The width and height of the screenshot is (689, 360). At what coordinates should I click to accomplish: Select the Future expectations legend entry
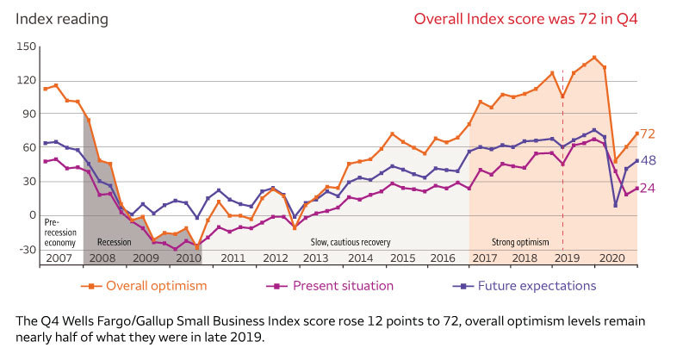tap(539, 286)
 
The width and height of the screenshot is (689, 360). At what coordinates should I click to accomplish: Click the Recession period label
tap(115, 243)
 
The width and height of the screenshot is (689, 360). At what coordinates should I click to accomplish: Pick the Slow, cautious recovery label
tap(351, 243)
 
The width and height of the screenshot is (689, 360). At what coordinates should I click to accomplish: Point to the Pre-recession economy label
tap(61, 233)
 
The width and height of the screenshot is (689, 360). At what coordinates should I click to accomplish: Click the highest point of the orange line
tap(594, 58)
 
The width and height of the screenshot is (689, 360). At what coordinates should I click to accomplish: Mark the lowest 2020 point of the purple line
tap(616, 205)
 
